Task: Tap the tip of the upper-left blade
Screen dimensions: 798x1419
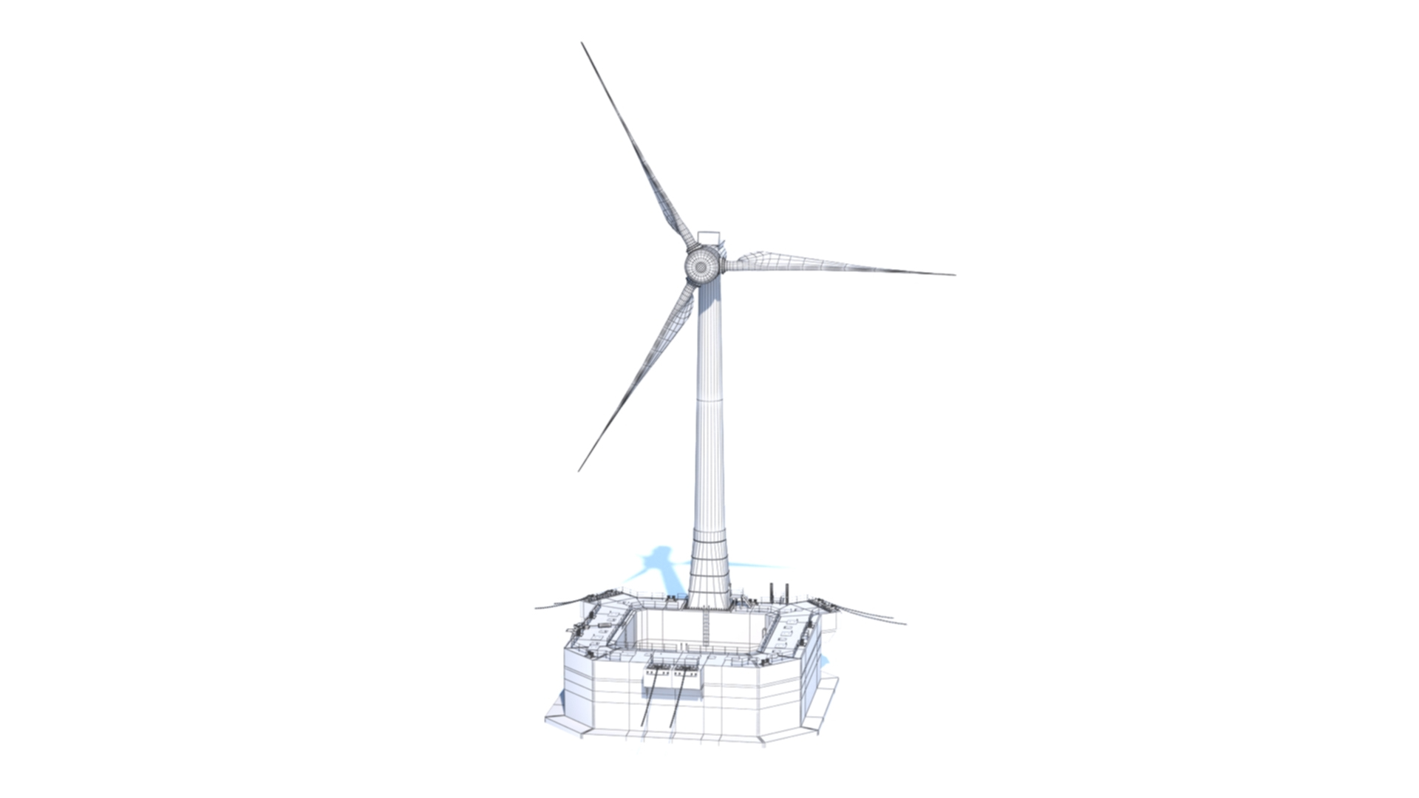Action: (582, 44)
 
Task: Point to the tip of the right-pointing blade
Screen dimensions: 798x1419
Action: (954, 275)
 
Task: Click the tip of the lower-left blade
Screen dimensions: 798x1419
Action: (579, 471)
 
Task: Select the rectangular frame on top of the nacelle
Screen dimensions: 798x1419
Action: (708, 239)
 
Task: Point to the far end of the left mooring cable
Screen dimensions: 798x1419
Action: (537, 608)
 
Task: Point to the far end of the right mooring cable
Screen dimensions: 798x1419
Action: (905, 624)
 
